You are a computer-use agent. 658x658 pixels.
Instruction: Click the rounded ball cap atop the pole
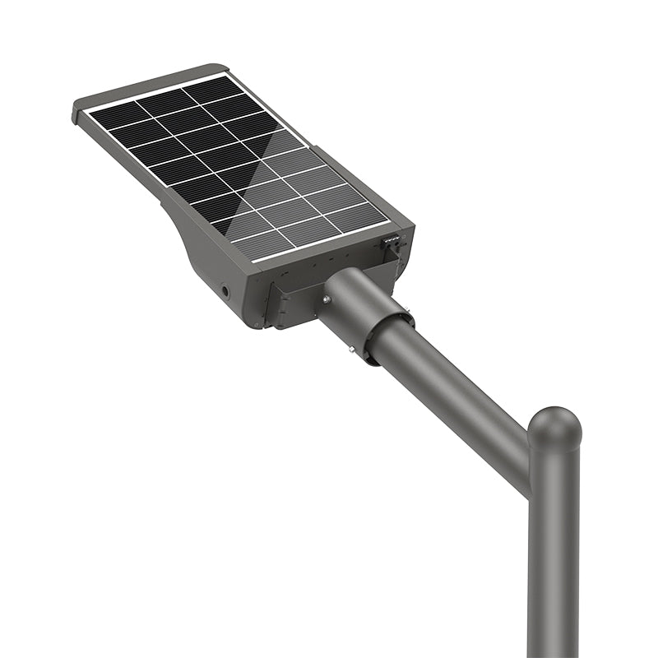coord(554,426)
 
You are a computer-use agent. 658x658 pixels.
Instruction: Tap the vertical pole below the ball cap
coord(553,559)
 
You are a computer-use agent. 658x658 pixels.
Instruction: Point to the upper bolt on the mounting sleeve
coord(327,300)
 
